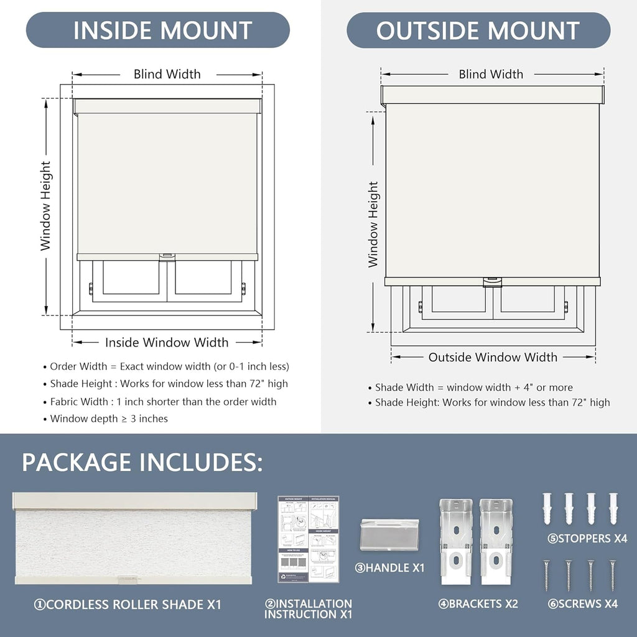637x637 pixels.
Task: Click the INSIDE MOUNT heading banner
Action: (x=158, y=30)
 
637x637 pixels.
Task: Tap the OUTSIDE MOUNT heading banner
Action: (x=478, y=30)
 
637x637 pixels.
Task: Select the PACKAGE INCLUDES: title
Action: (x=142, y=463)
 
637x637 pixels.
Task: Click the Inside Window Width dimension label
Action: (x=167, y=342)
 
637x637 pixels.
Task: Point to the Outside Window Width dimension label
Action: (x=493, y=357)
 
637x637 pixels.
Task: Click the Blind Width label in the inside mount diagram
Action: (x=167, y=74)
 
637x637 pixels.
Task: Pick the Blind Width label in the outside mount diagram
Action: (x=491, y=74)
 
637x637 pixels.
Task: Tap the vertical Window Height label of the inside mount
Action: (x=46, y=205)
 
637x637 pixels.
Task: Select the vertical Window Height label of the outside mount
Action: (x=373, y=224)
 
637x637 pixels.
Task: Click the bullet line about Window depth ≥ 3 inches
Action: (x=109, y=419)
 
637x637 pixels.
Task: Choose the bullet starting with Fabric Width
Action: (x=163, y=401)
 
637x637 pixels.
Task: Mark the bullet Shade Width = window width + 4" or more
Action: (x=473, y=387)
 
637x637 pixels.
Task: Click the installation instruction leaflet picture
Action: (x=309, y=539)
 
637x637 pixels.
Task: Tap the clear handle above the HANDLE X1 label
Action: (x=389, y=534)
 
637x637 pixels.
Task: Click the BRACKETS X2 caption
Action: (x=478, y=603)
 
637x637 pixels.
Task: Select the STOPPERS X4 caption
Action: (x=587, y=539)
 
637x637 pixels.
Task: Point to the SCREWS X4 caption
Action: (x=583, y=603)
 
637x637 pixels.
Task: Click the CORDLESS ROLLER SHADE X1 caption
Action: (x=128, y=604)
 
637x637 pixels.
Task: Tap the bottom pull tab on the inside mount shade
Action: (x=167, y=256)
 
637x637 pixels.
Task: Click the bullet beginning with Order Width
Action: (x=169, y=366)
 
